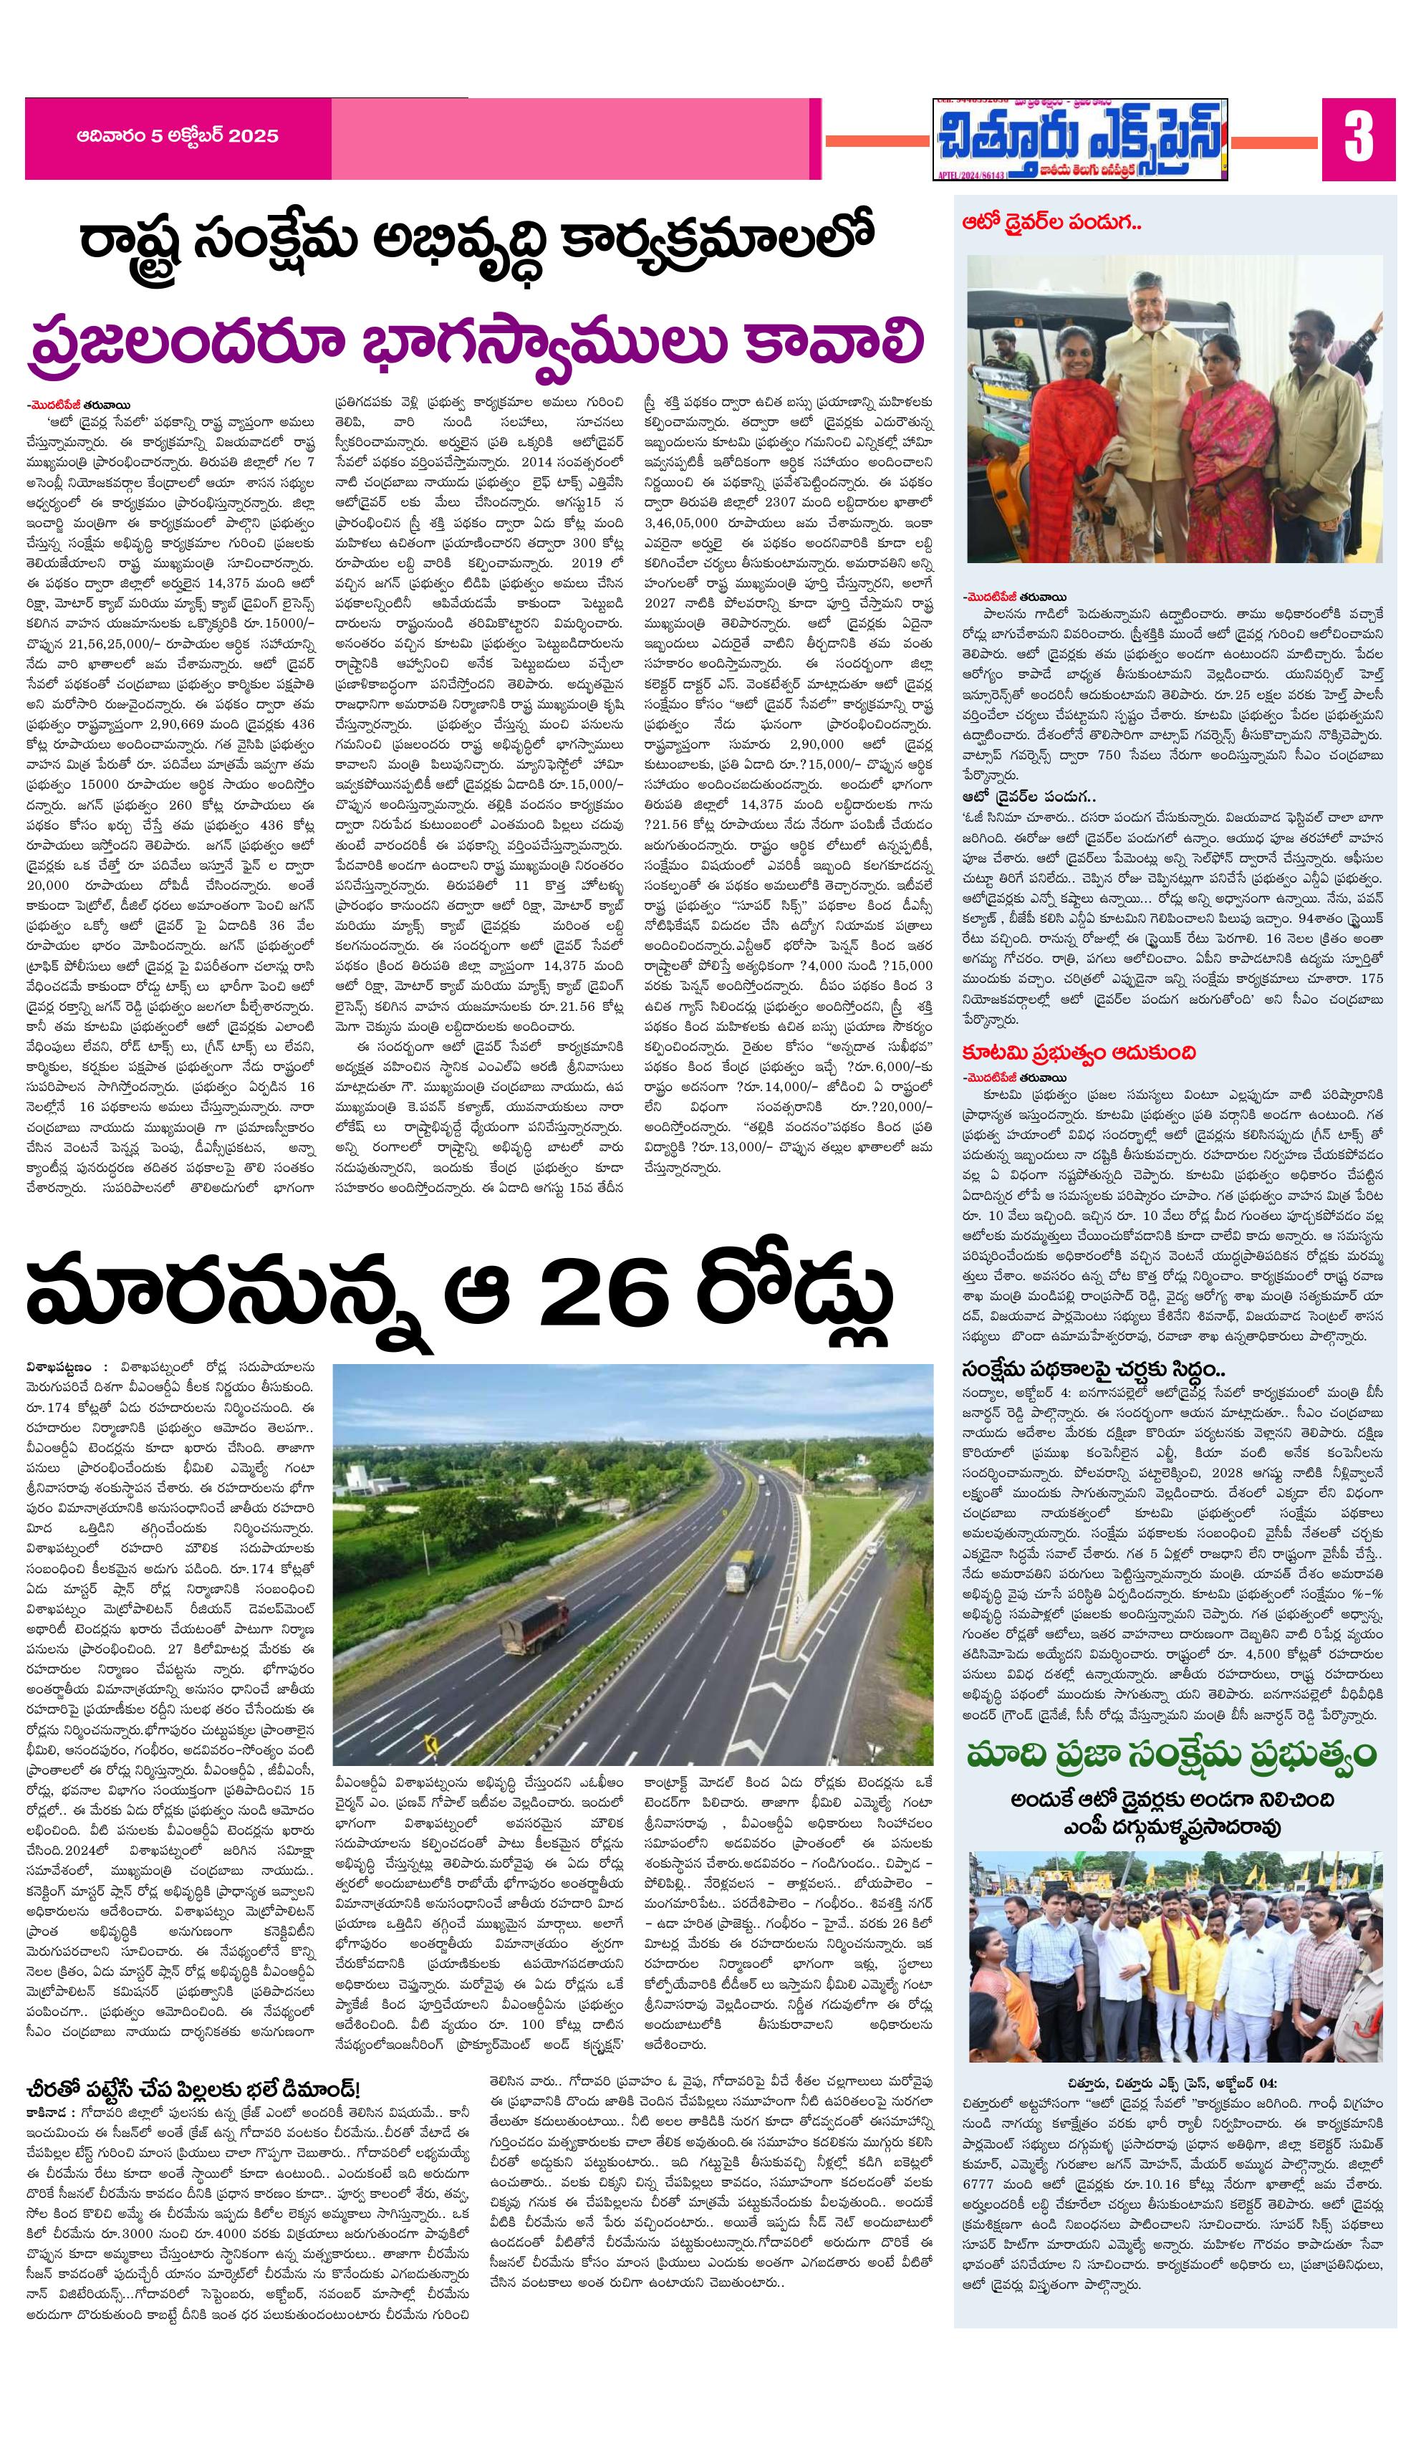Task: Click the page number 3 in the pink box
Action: click(x=1358, y=138)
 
